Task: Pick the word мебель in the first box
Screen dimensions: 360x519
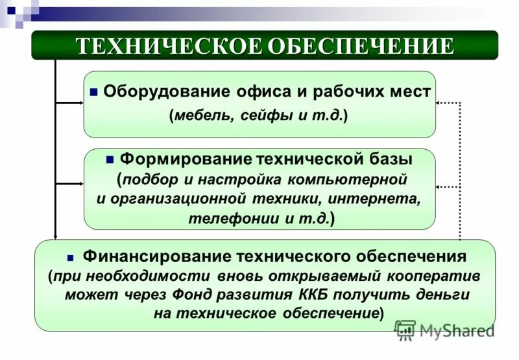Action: [x=203, y=116]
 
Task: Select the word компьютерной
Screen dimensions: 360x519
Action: [x=351, y=178]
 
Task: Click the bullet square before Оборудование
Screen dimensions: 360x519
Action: [x=94, y=92]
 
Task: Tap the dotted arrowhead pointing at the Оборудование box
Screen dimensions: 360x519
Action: [x=439, y=102]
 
